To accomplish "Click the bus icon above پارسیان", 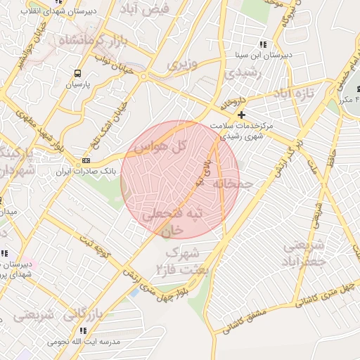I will pos(77,73).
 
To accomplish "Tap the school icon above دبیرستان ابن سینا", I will pos(263,44).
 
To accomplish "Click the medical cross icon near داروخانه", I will pos(242,115).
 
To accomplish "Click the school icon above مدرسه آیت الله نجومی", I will pos(83,330).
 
